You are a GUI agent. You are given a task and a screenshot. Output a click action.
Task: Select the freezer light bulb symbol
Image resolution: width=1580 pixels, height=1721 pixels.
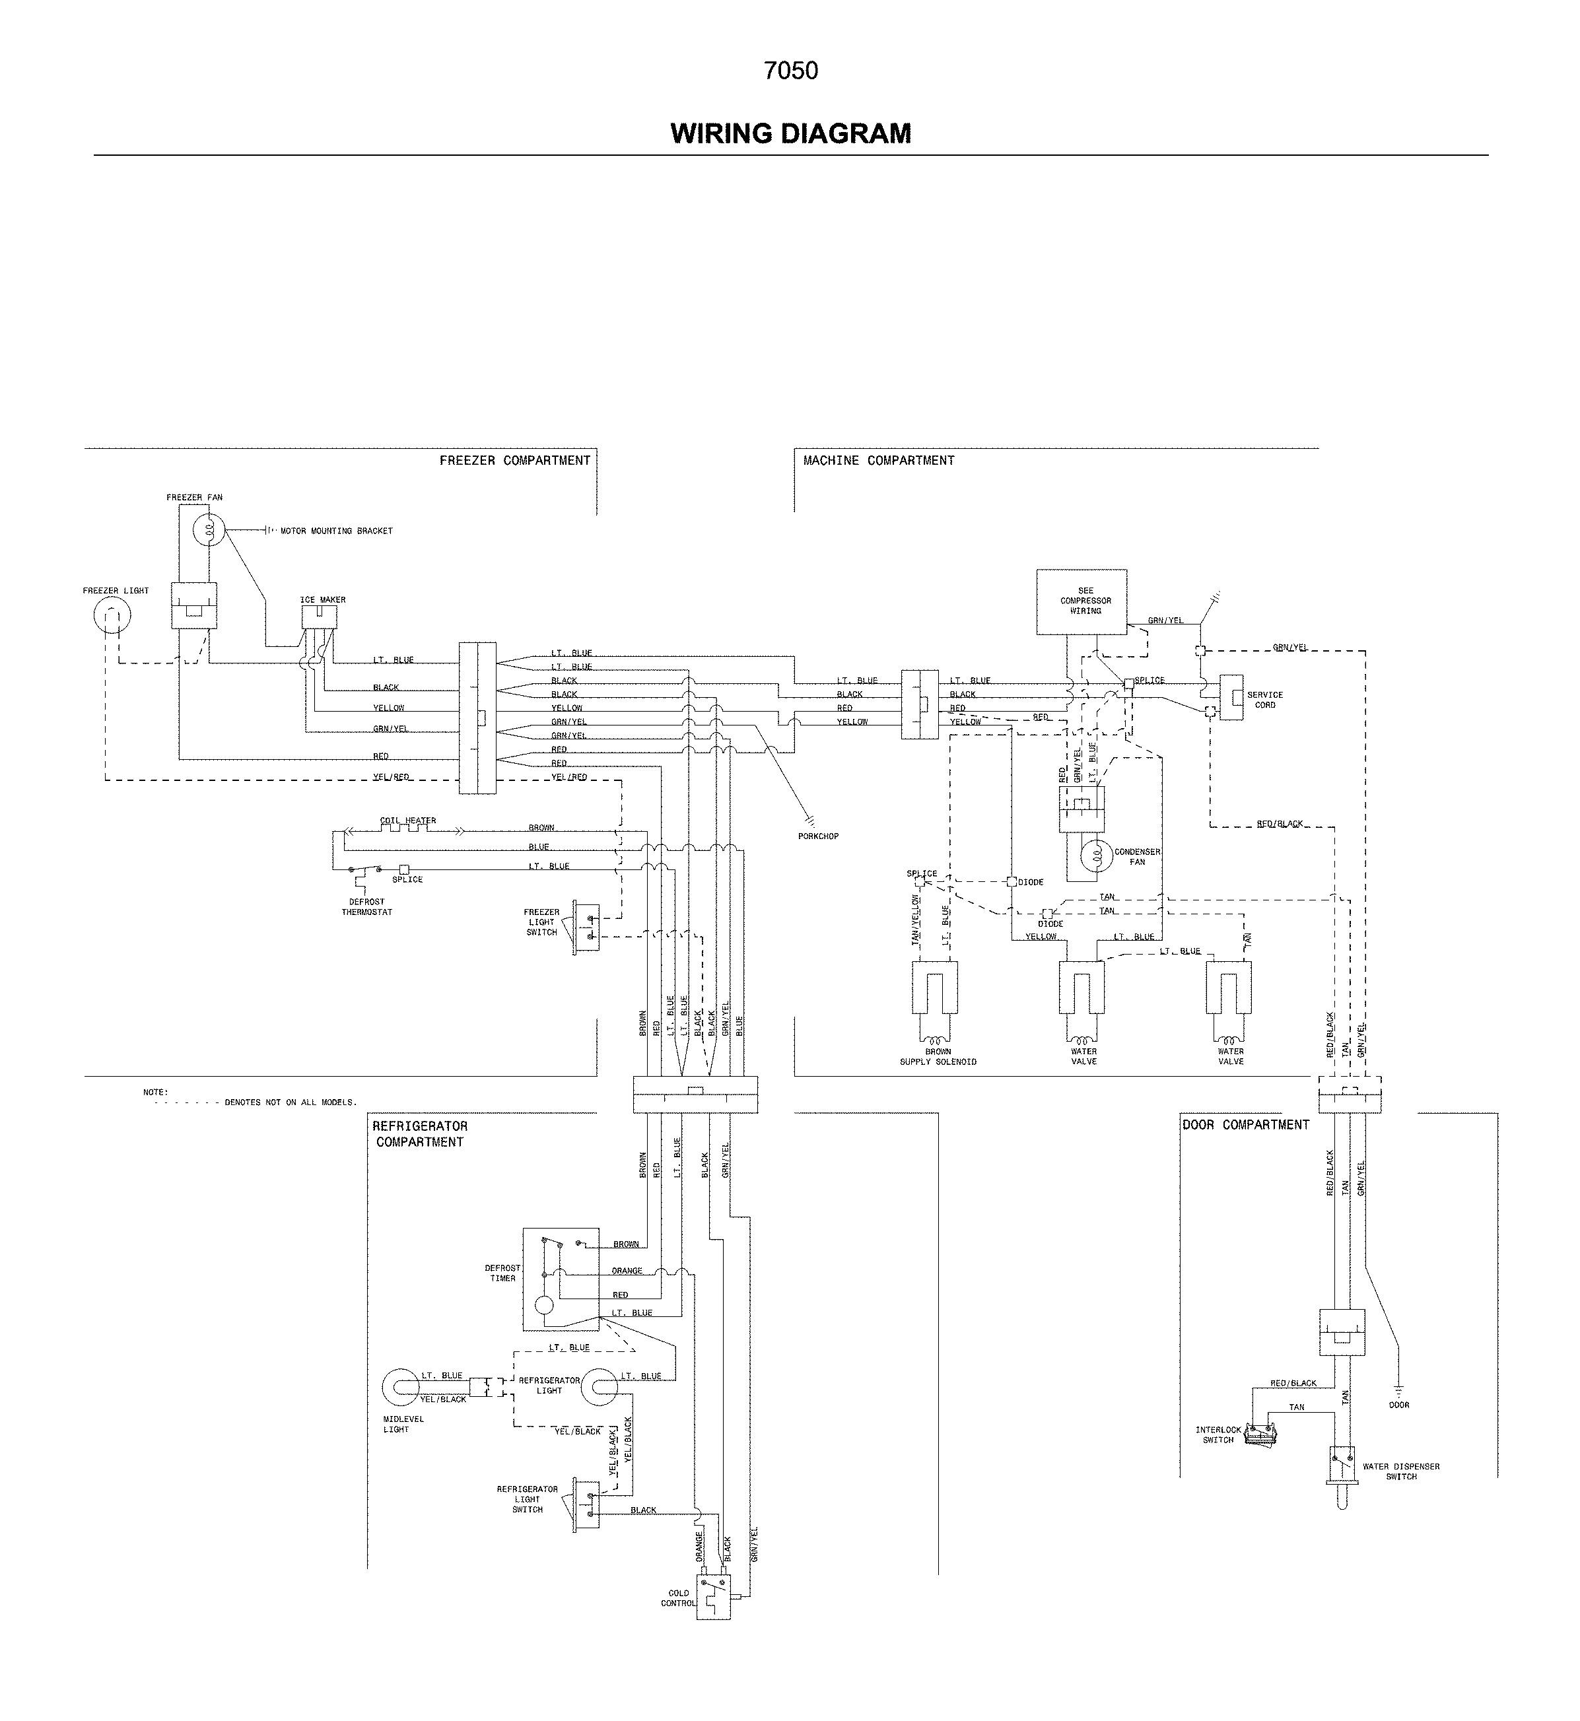click(112, 617)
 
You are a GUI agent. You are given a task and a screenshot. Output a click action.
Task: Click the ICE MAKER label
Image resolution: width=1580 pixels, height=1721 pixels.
click(322, 599)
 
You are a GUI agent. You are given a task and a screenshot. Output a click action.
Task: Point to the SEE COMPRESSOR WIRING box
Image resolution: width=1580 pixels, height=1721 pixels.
click(1081, 602)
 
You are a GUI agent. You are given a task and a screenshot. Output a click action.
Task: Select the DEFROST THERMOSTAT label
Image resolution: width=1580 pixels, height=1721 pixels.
click(367, 907)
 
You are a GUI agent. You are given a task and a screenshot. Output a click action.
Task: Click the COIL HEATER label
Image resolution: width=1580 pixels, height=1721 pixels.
click(408, 821)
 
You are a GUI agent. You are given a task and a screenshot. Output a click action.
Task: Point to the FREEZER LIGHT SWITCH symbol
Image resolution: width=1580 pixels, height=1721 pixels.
click(586, 928)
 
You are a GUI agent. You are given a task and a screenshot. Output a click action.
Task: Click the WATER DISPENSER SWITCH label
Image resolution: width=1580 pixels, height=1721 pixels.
click(1400, 1471)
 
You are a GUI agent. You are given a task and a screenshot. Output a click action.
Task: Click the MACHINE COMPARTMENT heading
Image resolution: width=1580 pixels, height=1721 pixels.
click(878, 461)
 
